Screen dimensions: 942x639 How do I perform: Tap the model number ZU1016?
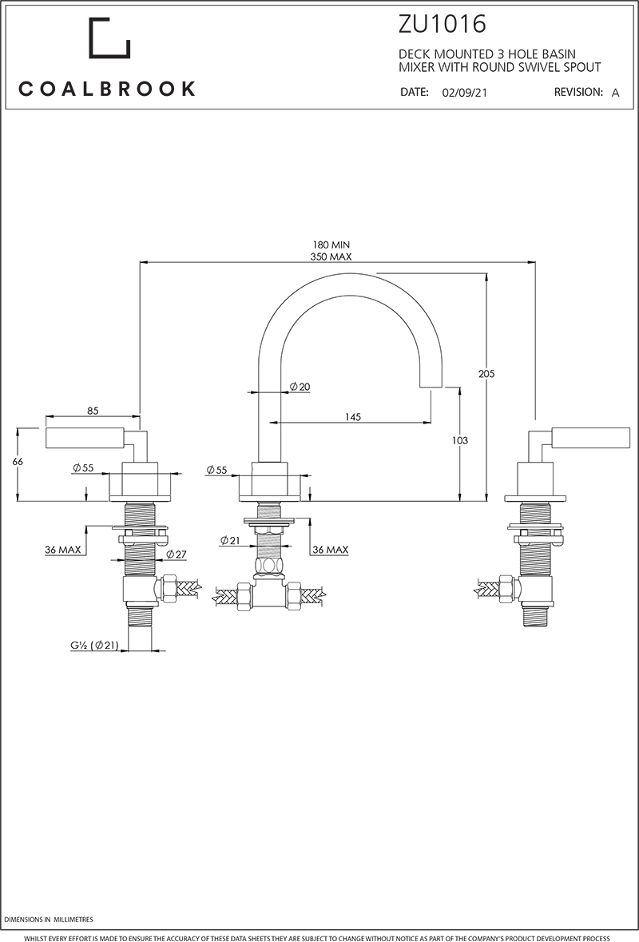click(442, 24)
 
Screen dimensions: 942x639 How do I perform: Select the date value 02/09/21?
click(464, 93)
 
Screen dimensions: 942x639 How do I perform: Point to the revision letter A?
click(615, 93)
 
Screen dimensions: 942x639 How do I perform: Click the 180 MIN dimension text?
click(331, 244)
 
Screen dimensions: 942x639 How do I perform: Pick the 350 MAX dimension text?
click(331, 256)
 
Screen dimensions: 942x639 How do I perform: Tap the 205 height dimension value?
click(498, 372)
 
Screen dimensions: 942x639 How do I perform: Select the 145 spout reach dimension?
click(354, 417)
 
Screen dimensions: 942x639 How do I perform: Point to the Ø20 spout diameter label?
click(300, 387)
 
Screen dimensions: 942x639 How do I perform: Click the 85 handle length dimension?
click(93, 411)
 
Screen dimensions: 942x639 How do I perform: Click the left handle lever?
click(83, 438)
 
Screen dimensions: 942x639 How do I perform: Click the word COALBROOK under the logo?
click(107, 89)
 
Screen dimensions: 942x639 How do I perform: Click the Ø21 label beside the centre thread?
click(229, 541)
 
